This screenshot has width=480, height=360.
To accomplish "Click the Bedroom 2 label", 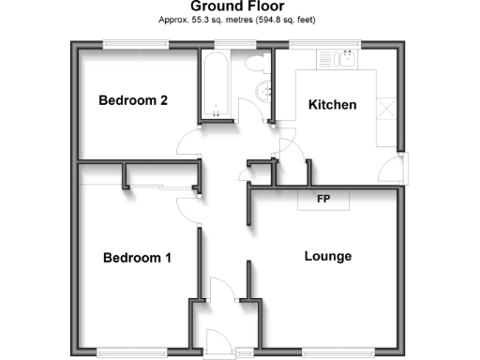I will coord(133,101).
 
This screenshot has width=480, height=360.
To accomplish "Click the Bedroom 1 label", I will coord(137,258).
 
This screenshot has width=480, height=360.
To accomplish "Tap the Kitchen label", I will coord(333,105).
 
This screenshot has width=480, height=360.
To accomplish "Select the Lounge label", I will coord(328,256).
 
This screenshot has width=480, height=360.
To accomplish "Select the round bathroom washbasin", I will coord(263,91).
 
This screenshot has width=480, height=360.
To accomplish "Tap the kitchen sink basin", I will coord(346,60).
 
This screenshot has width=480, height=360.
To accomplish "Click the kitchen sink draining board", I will coord(328,60).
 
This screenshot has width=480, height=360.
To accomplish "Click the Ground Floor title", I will coord(238,7).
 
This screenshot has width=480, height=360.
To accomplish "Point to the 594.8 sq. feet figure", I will coord(287,19).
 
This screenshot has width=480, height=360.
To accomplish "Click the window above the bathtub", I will coord(225,43).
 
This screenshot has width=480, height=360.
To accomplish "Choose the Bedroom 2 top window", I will coord(135,43).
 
